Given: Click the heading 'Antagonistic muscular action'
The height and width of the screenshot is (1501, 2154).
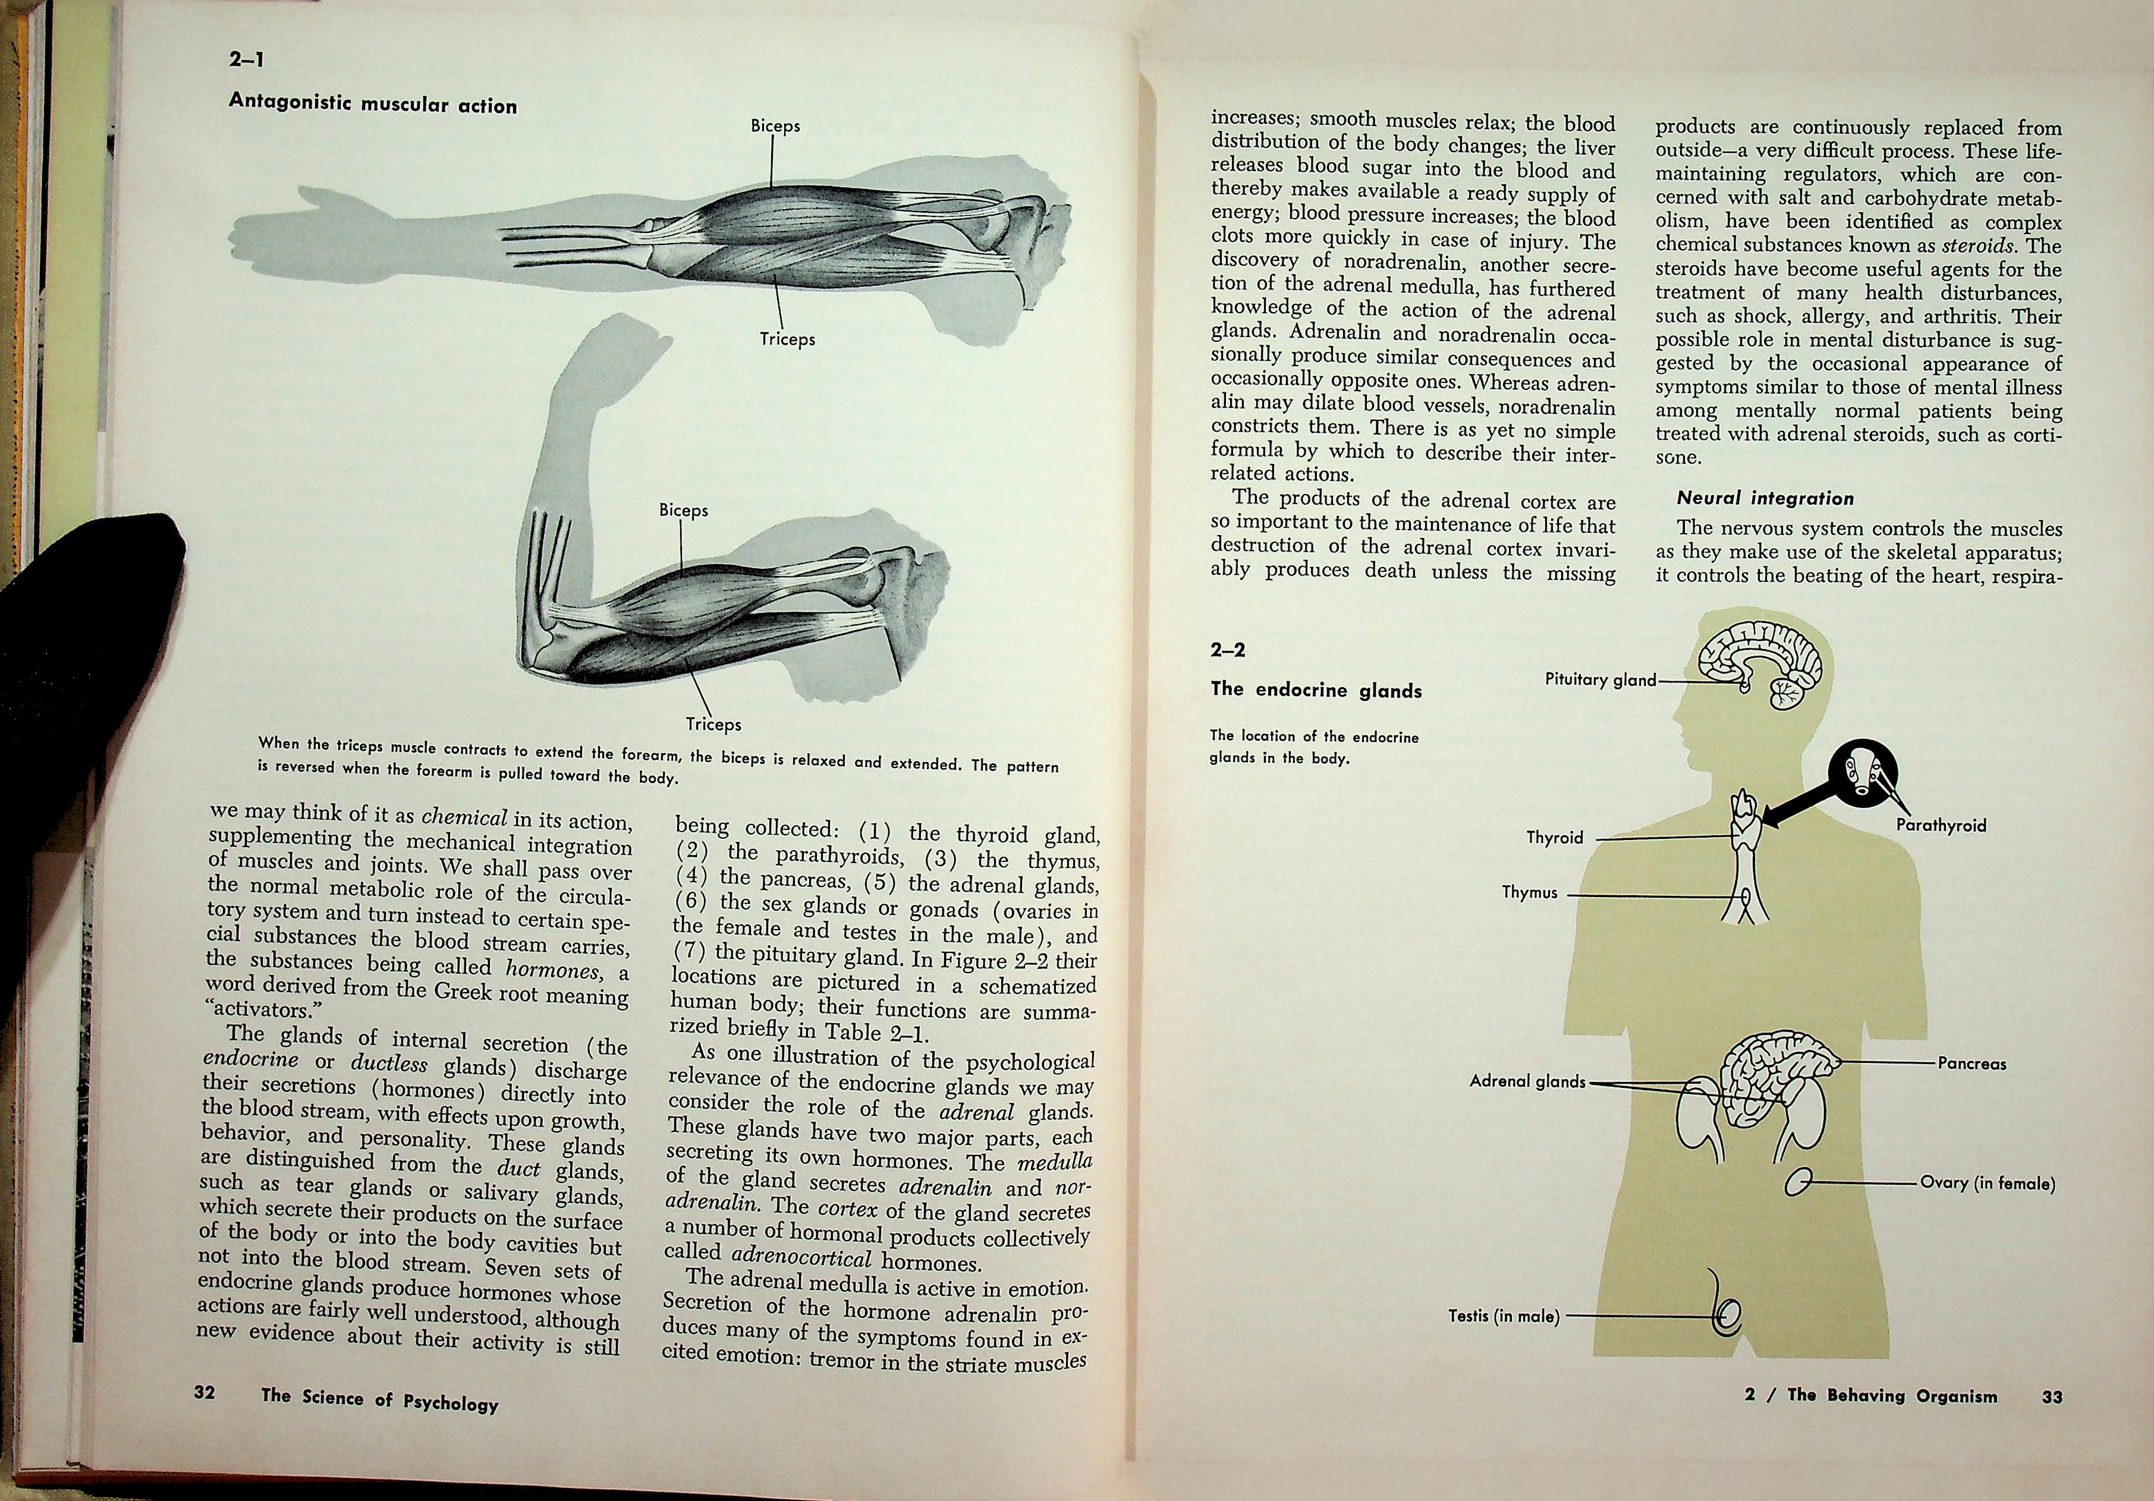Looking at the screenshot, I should pyautogui.click(x=372, y=103).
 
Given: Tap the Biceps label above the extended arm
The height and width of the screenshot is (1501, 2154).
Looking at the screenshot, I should pyautogui.click(x=775, y=125).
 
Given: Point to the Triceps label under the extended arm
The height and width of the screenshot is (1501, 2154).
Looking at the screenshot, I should pyautogui.click(x=787, y=339).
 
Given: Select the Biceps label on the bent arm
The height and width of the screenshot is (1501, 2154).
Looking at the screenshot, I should pyautogui.click(x=683, y=510).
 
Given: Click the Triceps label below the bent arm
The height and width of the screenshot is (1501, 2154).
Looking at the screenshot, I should pyautogui.click(x=713, y=723).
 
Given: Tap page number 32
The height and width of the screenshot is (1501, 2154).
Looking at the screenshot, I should pyautogui.click(x=205, y=1392).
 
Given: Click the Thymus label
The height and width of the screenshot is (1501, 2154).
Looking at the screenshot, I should pyautogui.click(x=1529, y=892).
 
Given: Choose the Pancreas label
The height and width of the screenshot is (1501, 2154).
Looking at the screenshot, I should pyautogui.click(x=1972, y=1064).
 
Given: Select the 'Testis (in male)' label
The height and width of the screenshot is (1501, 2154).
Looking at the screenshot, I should pyautogui.click(x=1504, y=1316).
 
